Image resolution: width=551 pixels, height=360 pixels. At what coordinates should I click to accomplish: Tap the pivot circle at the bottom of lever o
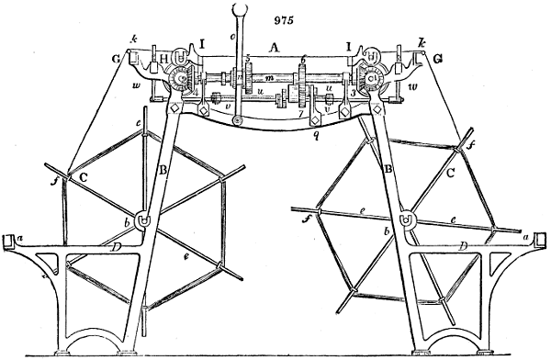coord(238,119)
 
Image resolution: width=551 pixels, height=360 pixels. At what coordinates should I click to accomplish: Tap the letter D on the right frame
coord(465,244)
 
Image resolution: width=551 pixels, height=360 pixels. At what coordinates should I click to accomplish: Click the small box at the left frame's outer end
coord(11,242)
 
